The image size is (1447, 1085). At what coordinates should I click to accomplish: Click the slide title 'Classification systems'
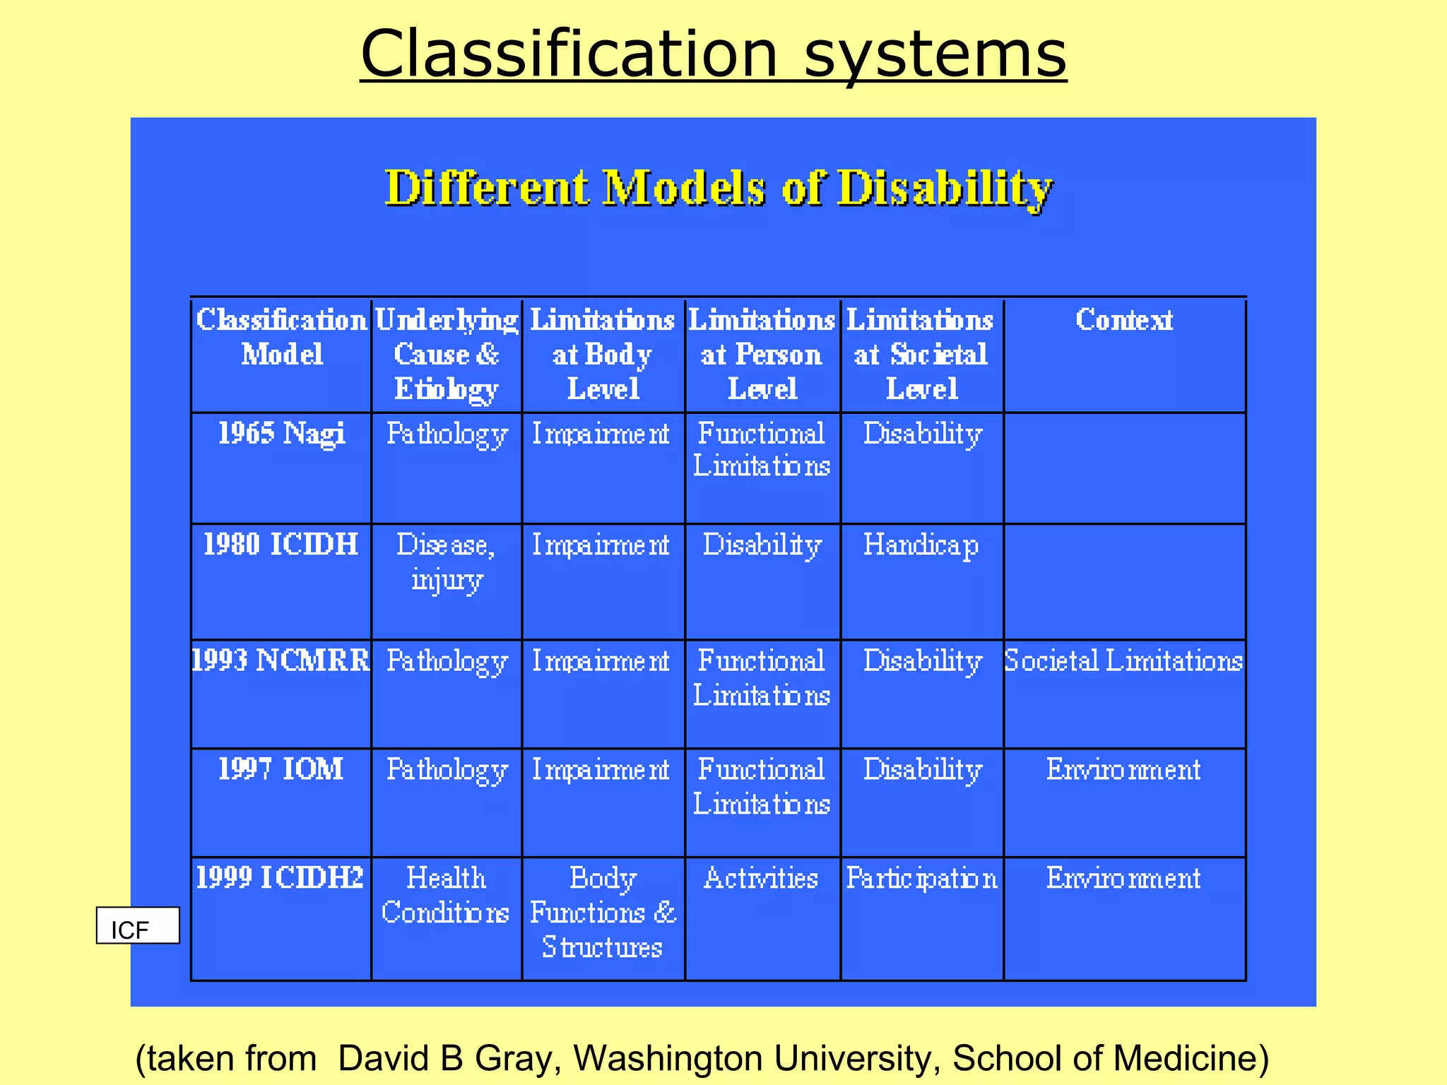[713, 54]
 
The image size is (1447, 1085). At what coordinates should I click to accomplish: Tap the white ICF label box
[138, 926]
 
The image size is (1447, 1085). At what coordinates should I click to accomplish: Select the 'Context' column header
[1124, 320]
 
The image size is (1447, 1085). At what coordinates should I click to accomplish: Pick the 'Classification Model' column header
[281, 337]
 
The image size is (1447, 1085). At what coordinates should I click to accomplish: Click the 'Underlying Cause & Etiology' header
[447, 354]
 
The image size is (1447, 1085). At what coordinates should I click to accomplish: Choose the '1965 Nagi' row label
[281, 433]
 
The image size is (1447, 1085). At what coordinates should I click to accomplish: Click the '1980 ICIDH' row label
[280, 545]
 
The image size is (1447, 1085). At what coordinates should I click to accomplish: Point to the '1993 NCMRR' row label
[280, 660]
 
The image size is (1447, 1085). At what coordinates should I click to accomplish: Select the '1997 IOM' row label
[280, 769]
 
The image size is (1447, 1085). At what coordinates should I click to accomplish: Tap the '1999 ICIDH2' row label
[280, 878]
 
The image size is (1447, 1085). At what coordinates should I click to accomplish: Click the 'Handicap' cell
[921, 545]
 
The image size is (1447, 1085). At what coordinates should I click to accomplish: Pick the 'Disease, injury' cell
[447, 562]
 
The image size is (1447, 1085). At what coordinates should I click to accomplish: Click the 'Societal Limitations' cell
[1123, 660]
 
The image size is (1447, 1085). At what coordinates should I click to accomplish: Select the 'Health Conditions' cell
[446, 895]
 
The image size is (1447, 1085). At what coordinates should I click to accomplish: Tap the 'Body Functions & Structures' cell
[603, 912]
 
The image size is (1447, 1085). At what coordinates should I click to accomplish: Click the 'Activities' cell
[762, 878]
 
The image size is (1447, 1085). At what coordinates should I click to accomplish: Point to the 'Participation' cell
[921, 878]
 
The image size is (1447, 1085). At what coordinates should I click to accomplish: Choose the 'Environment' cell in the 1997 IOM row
[1123, 769]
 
